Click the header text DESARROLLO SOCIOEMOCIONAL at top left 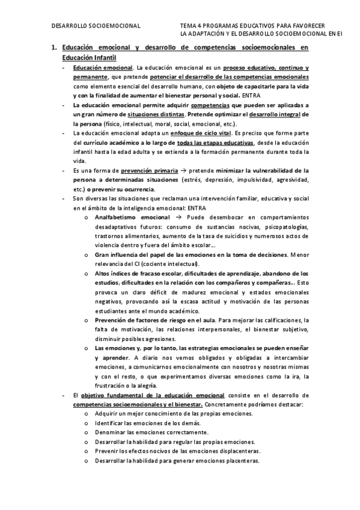[96, 26]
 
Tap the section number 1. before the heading [53, 48]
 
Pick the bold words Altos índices [113, 274]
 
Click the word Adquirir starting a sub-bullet [107, 414]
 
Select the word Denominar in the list [111, 432]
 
